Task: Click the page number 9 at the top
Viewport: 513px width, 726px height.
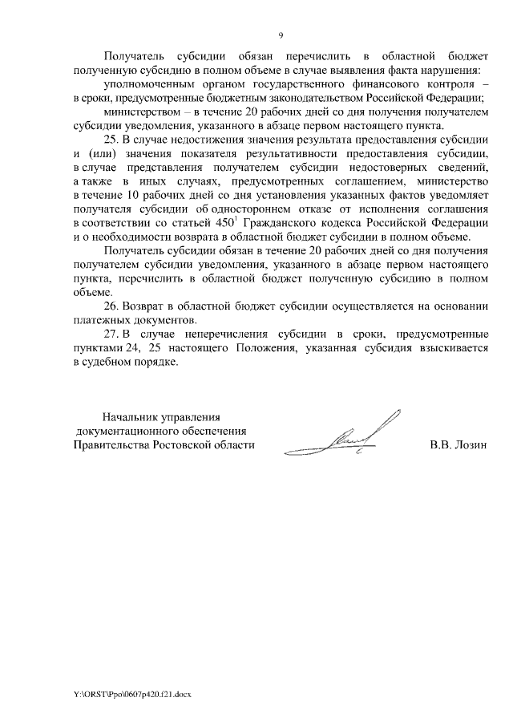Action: click(x=281, y=35)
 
